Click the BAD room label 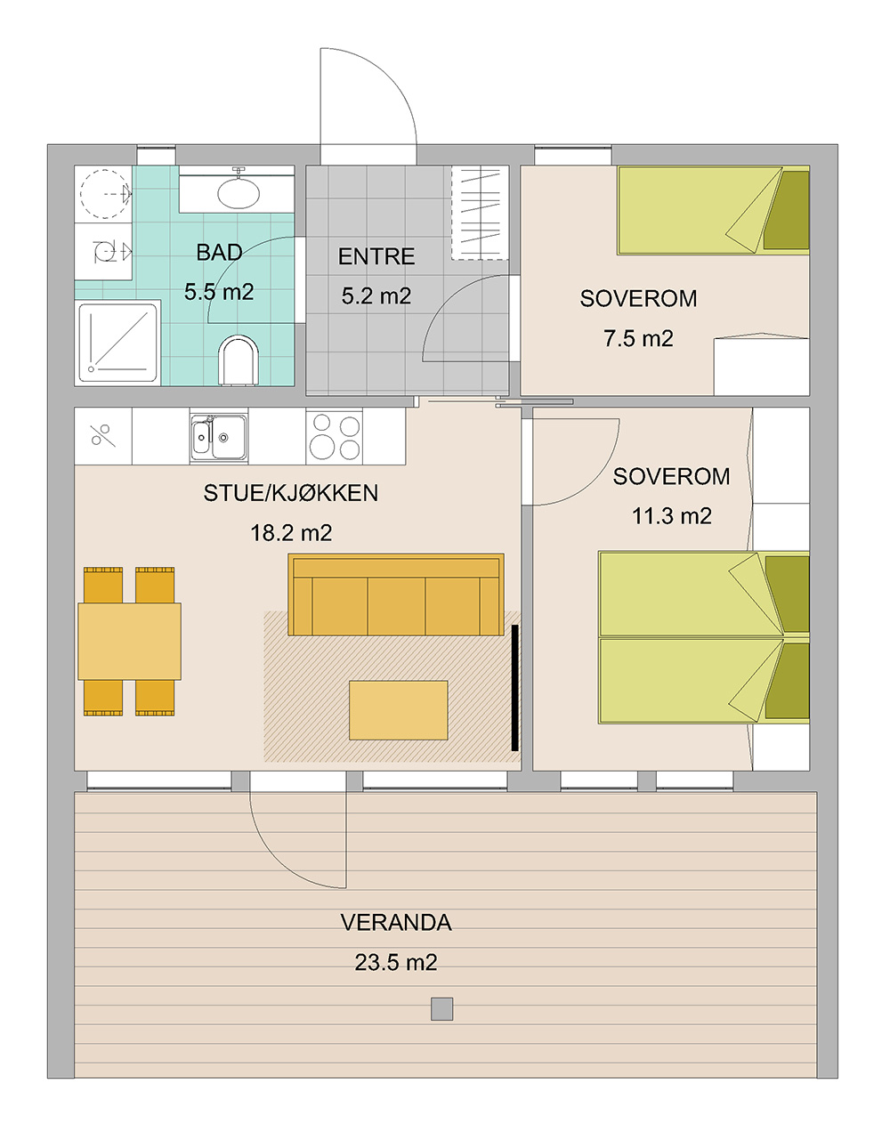[219, 253]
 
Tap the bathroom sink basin [239, 194]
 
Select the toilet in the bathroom [239, 360]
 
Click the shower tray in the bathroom [118, 342]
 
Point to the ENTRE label [376, 256]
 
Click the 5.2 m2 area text [376, 296]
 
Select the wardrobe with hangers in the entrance [480, 213]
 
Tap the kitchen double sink [219, 436]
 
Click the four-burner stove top [335, 436]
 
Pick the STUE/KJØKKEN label [290, 493]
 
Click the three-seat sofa [396, 594]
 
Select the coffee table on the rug [398, 710]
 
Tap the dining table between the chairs [130, 641]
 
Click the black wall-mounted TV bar [515, 687]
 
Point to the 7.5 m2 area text [638, 339]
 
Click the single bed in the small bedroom [713, 210]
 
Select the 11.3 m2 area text [671, 516]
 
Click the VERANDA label [396, 922]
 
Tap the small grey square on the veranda [441, 1009]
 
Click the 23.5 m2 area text [396, 963]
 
